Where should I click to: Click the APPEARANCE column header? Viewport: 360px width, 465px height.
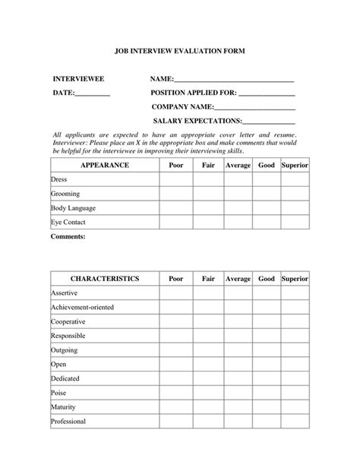pyautogui.click(x=105, y=165)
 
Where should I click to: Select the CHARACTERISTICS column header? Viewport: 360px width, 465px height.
pyautogui.click(x=105, y=279)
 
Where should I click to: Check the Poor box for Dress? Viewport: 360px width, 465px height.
pyautogui.click(x=175, y=180)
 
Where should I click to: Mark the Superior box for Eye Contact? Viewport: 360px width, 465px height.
pyautogui.click(x=295, y=223)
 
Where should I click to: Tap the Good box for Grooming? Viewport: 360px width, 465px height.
pyautogui.click(x=267, y=194)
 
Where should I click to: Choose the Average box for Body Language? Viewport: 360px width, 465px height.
pyautogui.click(x=238, y=208)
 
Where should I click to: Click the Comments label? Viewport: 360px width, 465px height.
pyautogui.click(x=68, y=236)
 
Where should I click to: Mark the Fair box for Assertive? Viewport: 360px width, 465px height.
pyautogui.click(x=208, y=293)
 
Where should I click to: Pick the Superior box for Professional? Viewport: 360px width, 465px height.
pyautogui.click(x=295, y=422)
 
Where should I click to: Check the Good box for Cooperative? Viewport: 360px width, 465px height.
pyautogui.click(x=267, y=321)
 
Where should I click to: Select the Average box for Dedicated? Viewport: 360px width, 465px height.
pyautogui.click(x=238, y=378)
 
